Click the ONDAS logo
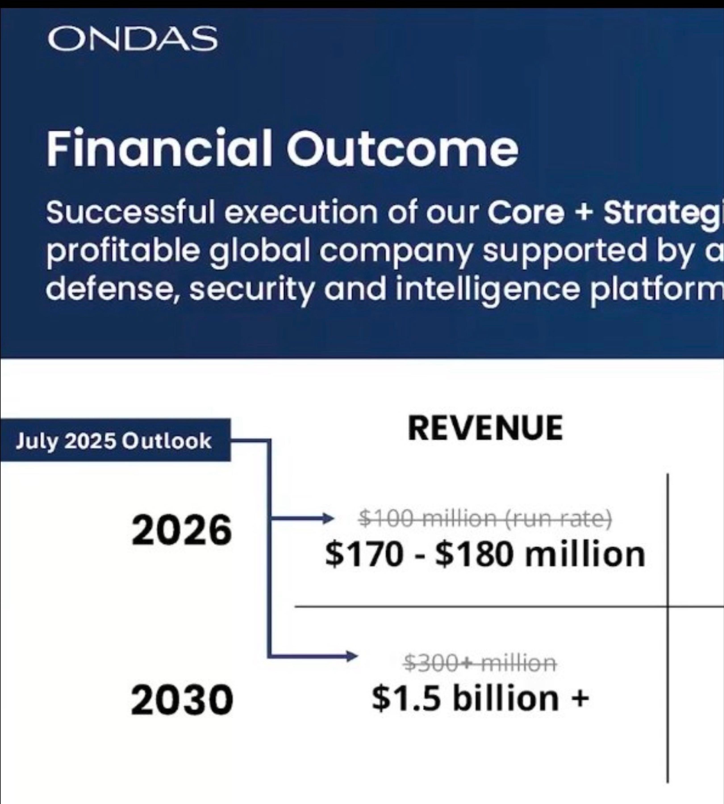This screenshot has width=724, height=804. tap(132, 39)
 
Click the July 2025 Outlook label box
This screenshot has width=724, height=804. tap(115, 440)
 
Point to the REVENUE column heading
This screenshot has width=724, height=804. tap(485, 428)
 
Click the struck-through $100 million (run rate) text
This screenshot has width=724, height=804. tap(485, 518)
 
